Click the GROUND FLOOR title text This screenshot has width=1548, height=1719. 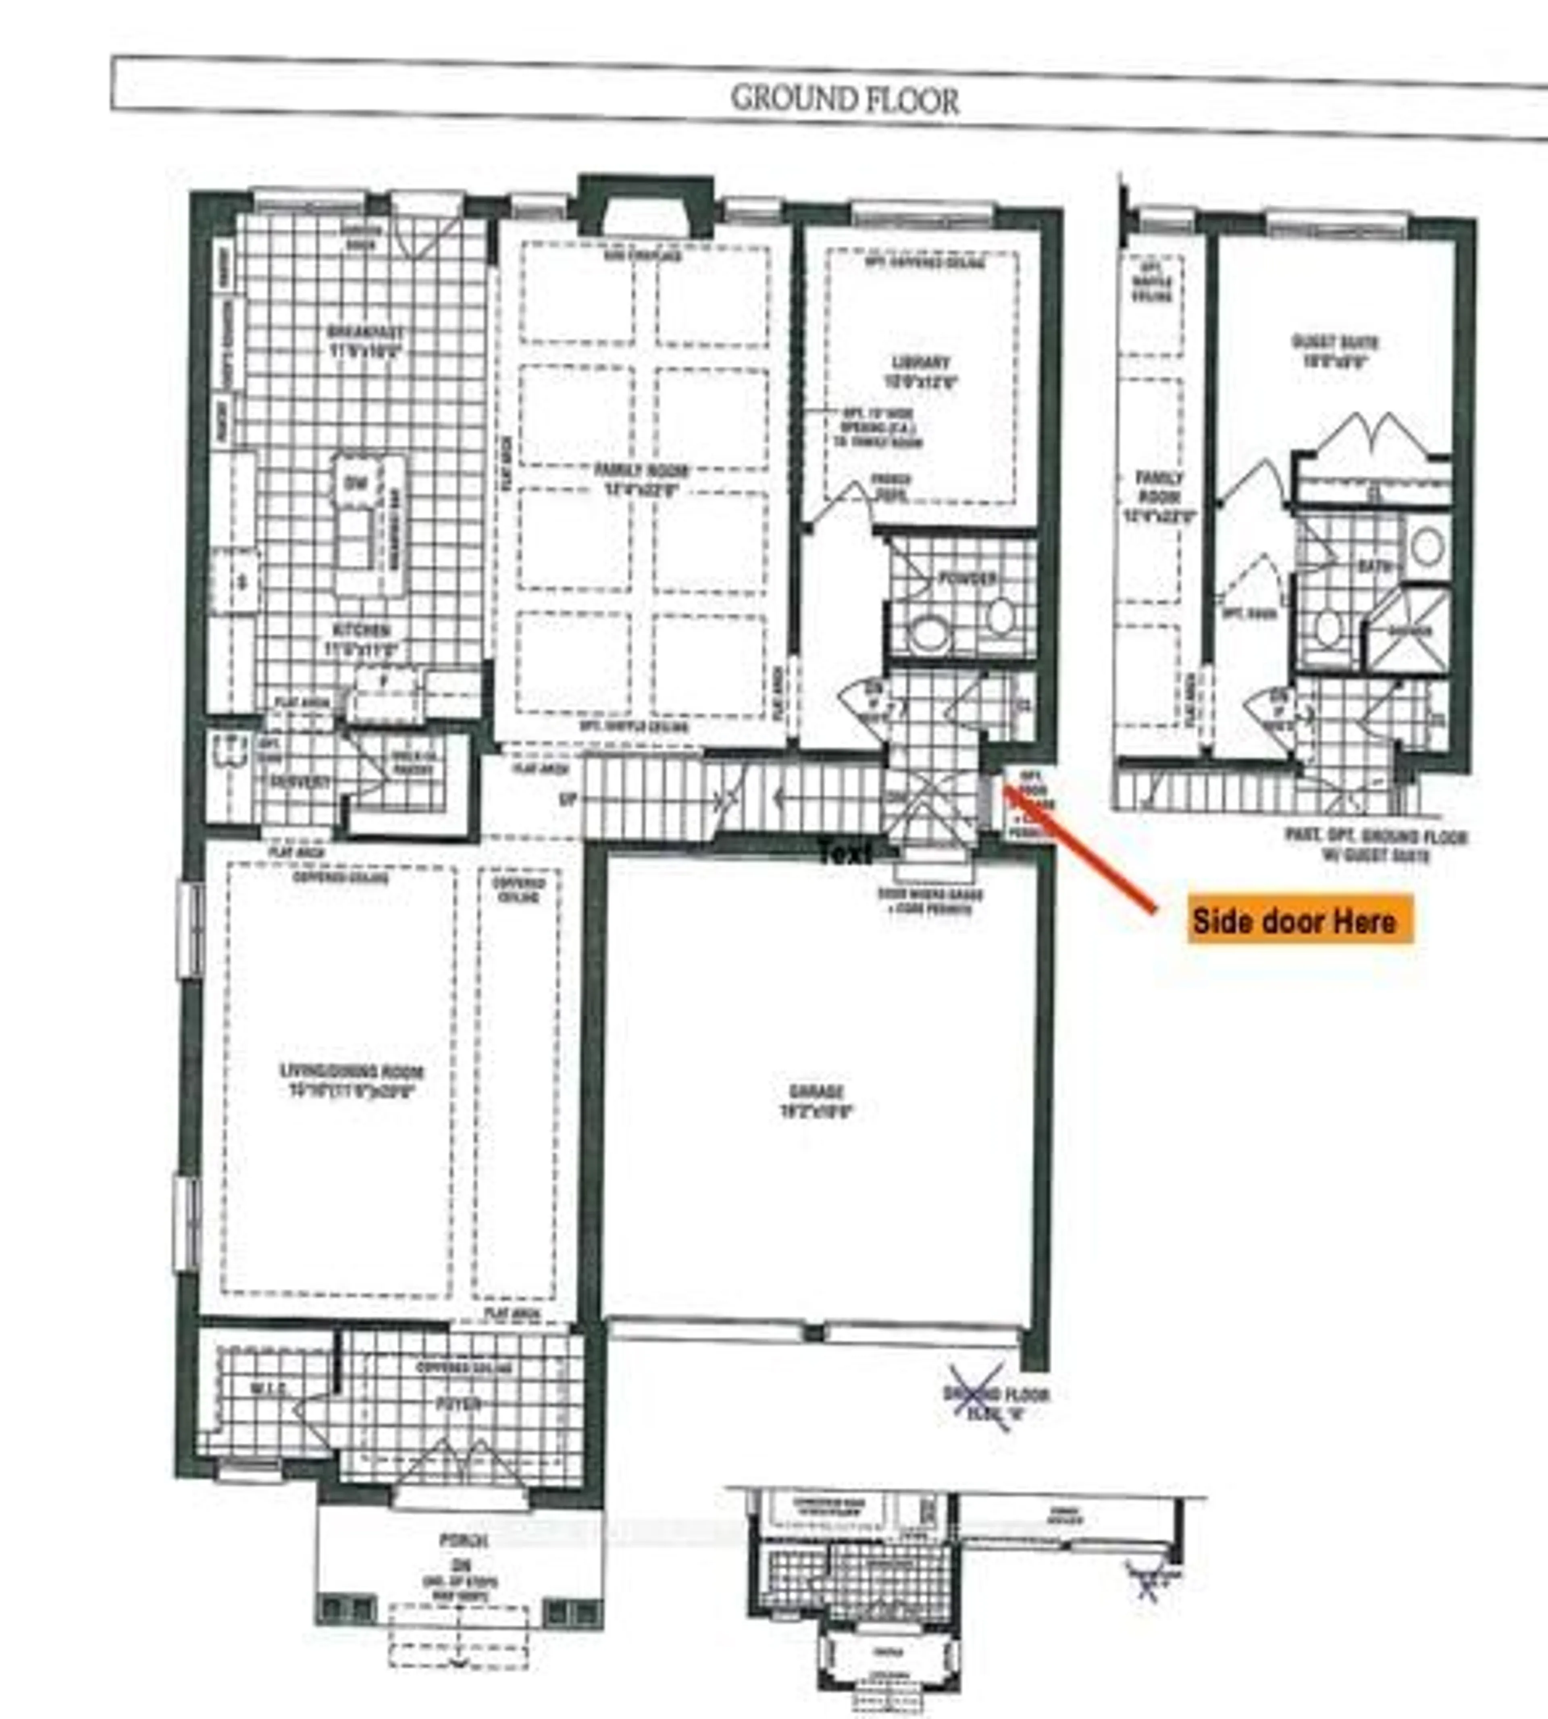[845, 100]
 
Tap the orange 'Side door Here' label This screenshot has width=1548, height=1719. [1293, 921]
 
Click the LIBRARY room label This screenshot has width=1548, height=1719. [921, 363]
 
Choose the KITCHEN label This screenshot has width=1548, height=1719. [362, 630]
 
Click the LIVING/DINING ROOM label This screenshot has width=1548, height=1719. [352, 1071]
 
